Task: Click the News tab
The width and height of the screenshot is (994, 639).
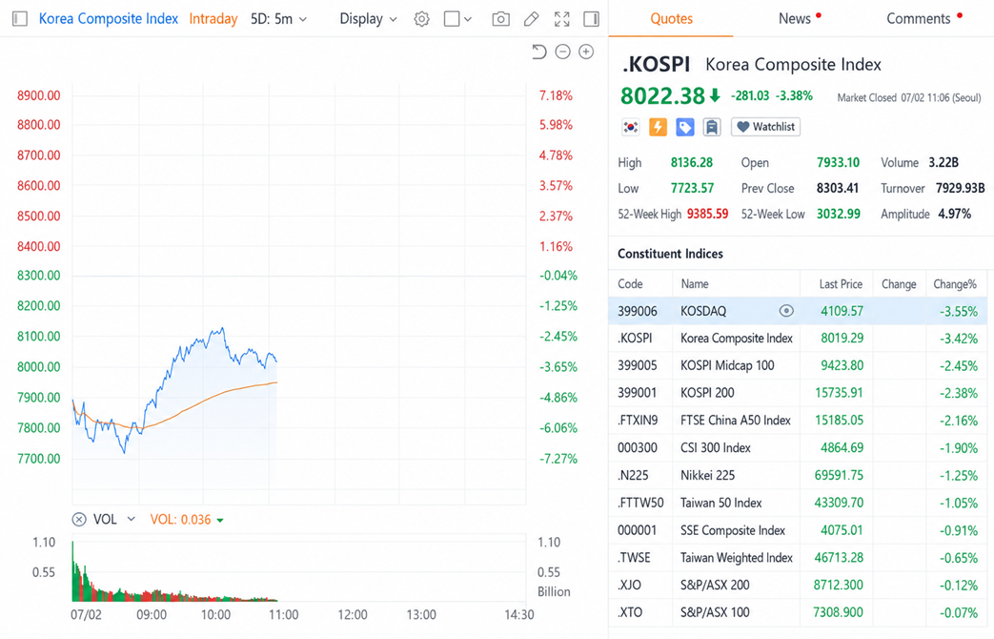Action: pos(794,19)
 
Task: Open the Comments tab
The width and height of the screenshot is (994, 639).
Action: pos(918,19)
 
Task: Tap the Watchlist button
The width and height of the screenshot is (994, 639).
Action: pos(766,127)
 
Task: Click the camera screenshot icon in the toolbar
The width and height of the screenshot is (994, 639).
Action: pos(500,19)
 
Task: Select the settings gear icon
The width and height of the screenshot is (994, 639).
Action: pos(421,19)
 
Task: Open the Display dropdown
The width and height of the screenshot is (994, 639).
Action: pos(368,19)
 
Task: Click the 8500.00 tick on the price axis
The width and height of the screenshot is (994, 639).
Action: pos(39,216)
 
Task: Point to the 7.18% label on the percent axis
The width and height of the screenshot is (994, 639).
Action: pos(556,95)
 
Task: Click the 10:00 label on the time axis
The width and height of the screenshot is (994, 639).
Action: pos(215,615)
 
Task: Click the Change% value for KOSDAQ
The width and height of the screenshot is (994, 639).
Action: pos(959,312)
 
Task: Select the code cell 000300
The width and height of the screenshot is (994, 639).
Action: pos(638,448)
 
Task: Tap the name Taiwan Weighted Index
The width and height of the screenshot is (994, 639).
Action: pos(737,558)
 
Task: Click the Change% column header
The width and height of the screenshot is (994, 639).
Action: pos(955,284)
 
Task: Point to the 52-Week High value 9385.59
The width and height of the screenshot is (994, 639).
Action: pos(707,214)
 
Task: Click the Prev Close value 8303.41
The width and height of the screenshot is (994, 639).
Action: pos(838,189)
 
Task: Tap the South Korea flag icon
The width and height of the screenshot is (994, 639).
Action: pos(630,127)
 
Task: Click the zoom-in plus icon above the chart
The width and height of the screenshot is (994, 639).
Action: pos(586,52)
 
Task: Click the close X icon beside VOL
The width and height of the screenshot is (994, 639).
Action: pos(79,520)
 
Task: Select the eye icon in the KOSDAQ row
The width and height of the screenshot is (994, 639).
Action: pos(786,311)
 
